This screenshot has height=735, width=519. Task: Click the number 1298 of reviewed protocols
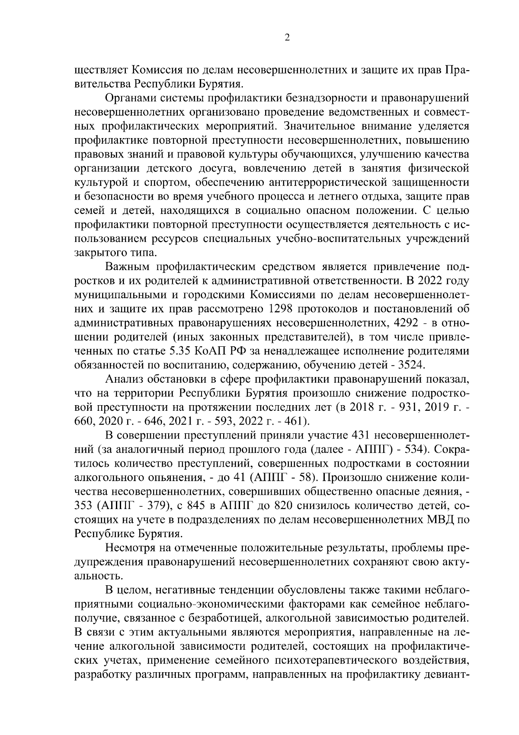(282, 309)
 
